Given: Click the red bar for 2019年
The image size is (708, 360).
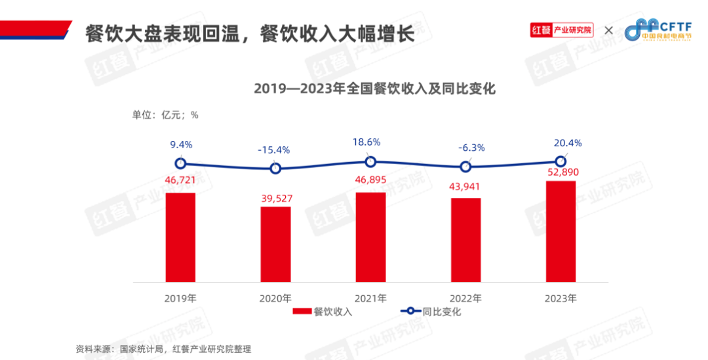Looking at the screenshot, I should tap(180, 237).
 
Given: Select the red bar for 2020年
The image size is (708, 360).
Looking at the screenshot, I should tap(275, 244).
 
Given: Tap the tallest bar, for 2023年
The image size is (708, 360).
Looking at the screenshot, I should tap(560, 231).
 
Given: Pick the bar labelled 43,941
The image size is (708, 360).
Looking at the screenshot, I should tap(465, 239).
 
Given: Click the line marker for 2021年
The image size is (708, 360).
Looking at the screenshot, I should tap(370, 161).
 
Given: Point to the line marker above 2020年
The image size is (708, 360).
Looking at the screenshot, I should tap(275, 169).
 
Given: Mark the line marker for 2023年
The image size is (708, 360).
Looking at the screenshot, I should tap(560, 161).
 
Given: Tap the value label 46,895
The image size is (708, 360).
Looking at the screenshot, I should tap(370, 180).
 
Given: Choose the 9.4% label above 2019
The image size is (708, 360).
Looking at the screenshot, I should tap(181, 145).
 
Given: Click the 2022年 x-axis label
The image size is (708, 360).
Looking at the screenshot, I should tap(465, 298).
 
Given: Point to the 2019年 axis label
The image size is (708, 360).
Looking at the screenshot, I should tap(180, 298).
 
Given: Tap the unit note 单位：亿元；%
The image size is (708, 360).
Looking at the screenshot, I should tap(165, 115).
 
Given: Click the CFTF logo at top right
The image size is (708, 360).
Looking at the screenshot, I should tap(662, 30).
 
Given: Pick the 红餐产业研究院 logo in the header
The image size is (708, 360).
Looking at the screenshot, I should tap(562, 30).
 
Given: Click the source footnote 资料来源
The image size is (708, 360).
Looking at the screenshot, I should tap(163, 349).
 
